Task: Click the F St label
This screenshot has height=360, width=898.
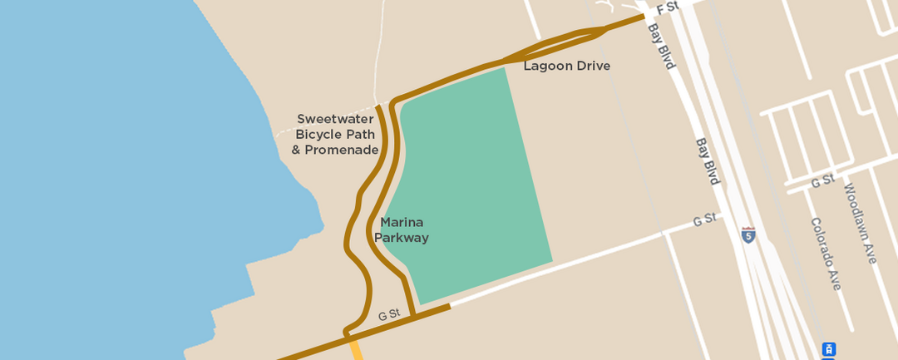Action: point(668,7)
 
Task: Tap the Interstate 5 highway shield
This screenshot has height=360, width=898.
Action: point(749,235)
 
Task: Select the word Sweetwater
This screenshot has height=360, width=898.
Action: point(335,119)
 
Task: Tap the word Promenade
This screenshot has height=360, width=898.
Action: point(342,150)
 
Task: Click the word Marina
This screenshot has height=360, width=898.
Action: point(402,222)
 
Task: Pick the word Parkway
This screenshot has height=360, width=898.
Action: point(402,238)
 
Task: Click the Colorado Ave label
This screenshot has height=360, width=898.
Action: point(826,254)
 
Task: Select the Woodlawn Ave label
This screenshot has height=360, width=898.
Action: point(860,224)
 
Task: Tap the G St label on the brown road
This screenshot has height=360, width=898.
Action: point(389,314)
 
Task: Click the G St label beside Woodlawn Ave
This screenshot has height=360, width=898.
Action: point(823,180)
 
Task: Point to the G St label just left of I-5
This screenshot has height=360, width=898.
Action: point(704,219)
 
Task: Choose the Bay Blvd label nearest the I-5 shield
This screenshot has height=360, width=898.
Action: point(708,161)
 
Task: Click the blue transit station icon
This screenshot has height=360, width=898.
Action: point(828,349)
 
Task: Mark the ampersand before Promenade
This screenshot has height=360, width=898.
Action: point(296,150)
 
